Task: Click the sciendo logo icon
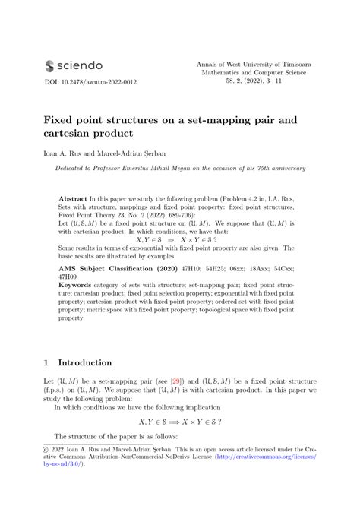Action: (51, 66)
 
